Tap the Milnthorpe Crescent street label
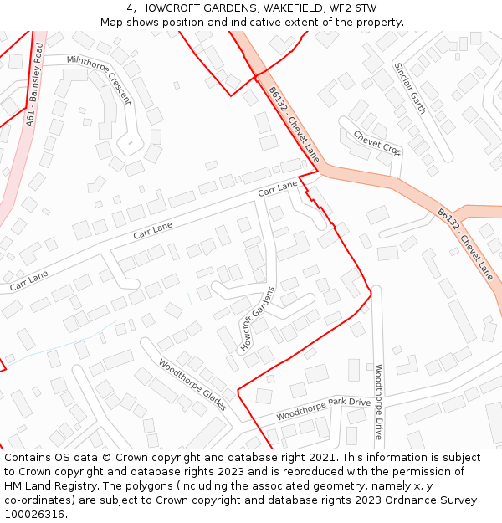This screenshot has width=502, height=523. pos(100,79)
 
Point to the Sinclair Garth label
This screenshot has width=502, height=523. pos(410,87)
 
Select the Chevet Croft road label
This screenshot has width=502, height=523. pos(376,142)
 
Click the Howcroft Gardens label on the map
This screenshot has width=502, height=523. pos(258,319)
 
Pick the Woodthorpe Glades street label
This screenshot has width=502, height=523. pos(192,385)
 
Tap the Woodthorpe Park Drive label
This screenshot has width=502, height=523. pos(323,408)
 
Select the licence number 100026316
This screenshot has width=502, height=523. pos(34,514)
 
